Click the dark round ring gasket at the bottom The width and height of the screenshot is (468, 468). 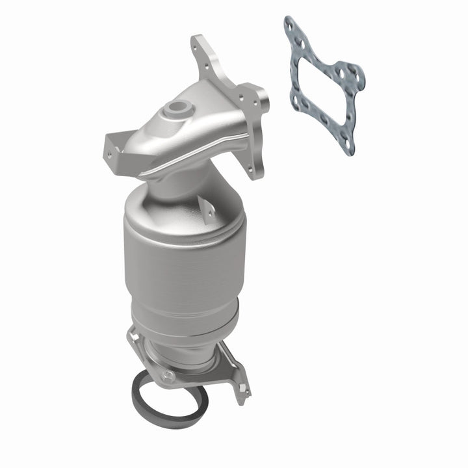tap(170, 398)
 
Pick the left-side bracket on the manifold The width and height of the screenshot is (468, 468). tap(113, 146)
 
